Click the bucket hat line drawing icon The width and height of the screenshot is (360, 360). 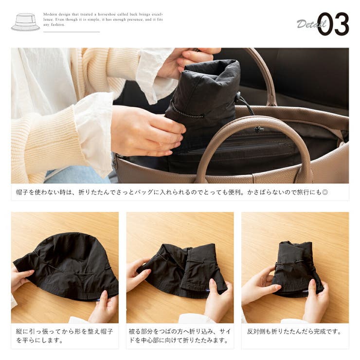point(25,22)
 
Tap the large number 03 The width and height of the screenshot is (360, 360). point(333,24)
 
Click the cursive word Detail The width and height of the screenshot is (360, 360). point(311,24)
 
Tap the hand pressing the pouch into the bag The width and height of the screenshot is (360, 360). point(147,131)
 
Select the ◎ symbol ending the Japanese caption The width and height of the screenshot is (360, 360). point(325,192)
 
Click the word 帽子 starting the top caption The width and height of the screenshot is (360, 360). point(22,192)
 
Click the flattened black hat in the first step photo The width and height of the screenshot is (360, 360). point(67,266)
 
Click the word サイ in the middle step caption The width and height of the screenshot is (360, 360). point(225,331)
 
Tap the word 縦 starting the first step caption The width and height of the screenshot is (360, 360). point(19,331)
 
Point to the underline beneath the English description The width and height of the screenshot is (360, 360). point(72,32)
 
